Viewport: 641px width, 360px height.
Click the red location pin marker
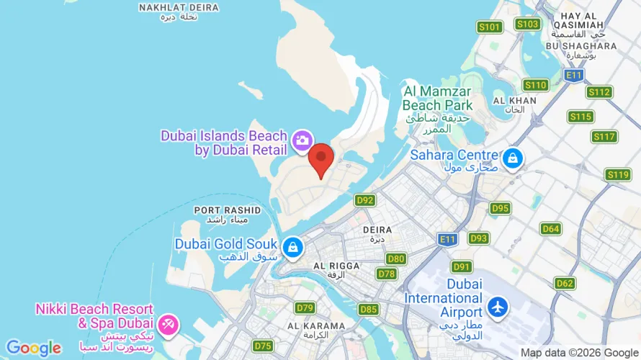tap(320, 158)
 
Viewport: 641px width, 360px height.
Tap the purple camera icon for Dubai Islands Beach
tap(302, 139)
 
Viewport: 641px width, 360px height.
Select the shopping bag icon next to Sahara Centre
tap(512, 158)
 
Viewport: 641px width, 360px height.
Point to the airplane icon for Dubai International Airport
tap(497, 306)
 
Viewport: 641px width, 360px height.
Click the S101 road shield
tap(490, 27)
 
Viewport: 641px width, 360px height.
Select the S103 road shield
tap(528, 24)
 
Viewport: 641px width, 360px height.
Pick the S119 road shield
tap(618, 174)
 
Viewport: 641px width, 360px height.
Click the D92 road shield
tap(365, 200)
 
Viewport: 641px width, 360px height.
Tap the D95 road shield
tap(500, 208)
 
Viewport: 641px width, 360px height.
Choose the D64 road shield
tap(551, 228)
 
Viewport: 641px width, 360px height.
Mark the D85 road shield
tap(368, 310)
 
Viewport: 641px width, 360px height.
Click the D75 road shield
tap(263, 346)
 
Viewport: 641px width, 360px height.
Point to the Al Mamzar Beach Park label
tap(437, 104)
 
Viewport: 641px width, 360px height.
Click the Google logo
tap(34, 348)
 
